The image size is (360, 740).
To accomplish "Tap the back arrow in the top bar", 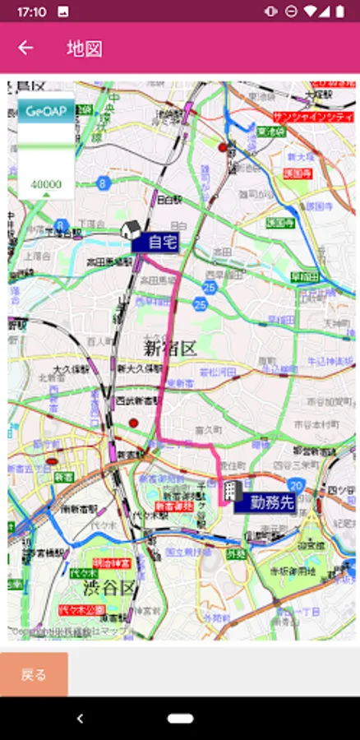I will (25, 48).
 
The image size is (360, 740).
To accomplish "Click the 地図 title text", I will (85, 48).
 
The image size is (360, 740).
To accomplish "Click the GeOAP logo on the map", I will (45, 111).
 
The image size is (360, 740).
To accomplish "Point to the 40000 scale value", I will (46, 184).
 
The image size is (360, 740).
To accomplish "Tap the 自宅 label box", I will (156, 242).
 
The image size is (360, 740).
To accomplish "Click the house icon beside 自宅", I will (129, 229).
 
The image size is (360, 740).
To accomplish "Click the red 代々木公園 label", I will (82, 609).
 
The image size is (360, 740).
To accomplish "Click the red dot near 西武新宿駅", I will (133, 423).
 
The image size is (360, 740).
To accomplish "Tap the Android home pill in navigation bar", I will (180, 718).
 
